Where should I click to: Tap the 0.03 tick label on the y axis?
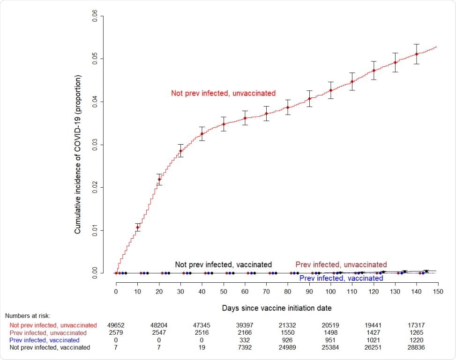tap(95, 145)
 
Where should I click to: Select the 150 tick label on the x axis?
tap(437, 291)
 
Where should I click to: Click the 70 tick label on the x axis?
tap(266, 291)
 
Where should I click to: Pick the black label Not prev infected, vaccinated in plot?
tap(223, 264)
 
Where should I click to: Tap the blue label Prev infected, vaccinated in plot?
tap(341, 278)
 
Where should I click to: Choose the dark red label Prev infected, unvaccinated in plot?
tap(341, 264)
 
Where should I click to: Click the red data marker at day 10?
tap(138, 228)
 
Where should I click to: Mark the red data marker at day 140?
tap(417, 54)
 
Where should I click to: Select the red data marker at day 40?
tap(202, 134)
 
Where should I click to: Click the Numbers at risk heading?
tap(28, 316)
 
